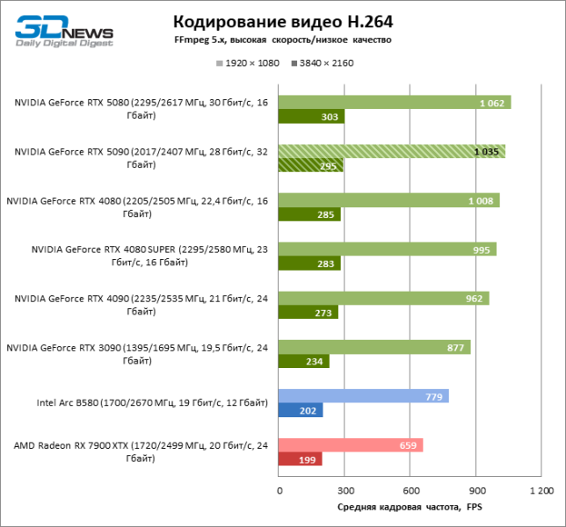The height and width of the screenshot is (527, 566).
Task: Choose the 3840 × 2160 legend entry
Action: click(x=322, y=63)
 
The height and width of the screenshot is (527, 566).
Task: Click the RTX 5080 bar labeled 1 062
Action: click(x=395, y=103)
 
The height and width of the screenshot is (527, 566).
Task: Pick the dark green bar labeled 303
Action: click(x=311, y=117)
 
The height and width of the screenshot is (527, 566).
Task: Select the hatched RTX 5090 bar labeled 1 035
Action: click(x=392, y=151)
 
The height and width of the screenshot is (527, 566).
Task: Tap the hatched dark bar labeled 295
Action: click(x=310, y=165)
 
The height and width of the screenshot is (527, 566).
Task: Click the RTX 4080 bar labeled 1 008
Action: click(x=388, y=200)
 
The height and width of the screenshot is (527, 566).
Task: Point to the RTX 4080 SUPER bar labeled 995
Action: click(x=388, y=249)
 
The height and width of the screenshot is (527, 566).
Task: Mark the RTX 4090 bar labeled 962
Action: click(x=383, y=298)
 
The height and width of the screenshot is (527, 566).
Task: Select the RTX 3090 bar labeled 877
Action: click(x=374, y=347)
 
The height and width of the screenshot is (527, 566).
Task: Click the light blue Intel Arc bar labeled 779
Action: click(x=364, y=396)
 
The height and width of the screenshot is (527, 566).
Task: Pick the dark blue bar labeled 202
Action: click(x=301, y=410)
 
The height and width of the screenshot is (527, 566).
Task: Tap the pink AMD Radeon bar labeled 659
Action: click(x=351, y=444)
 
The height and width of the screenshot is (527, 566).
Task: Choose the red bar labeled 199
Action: click(x=301, y=458)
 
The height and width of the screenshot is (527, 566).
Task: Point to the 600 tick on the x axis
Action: click(x=410, y=490)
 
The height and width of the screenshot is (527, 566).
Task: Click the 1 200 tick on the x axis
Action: click(x=541, y=490)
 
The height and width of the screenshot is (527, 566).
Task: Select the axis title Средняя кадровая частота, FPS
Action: click(x=410, y=508)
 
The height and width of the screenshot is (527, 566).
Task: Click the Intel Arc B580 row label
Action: click(x=152, y=403)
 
